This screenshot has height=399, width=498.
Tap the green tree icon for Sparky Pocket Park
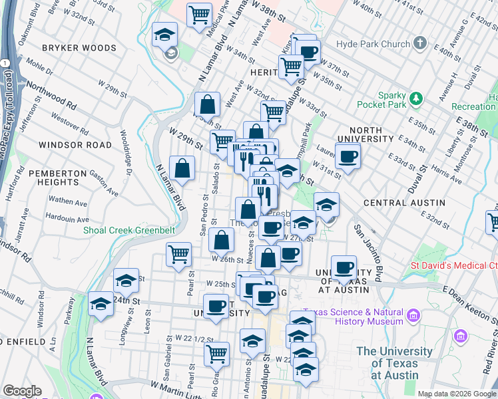[416, 98]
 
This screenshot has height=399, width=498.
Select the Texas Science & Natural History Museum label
[353, 317]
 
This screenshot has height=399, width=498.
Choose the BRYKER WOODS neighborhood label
[79, 48]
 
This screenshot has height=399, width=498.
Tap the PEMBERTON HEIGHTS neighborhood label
[54, 178]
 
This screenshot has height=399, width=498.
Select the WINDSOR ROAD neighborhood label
[75, 144]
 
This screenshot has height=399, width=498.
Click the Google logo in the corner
[22, 391]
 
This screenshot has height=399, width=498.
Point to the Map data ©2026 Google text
[457, 394]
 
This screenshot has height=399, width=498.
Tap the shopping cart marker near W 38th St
[199, 15]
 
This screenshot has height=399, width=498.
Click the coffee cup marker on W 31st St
[348, 157]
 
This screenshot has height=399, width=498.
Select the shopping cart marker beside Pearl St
[178, 254]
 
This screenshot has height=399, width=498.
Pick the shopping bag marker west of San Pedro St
[182, 168]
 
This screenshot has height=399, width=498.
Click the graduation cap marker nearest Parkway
[101, 304]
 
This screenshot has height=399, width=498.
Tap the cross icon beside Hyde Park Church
[419, 44]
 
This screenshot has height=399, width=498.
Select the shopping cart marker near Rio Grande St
[216, 354]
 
